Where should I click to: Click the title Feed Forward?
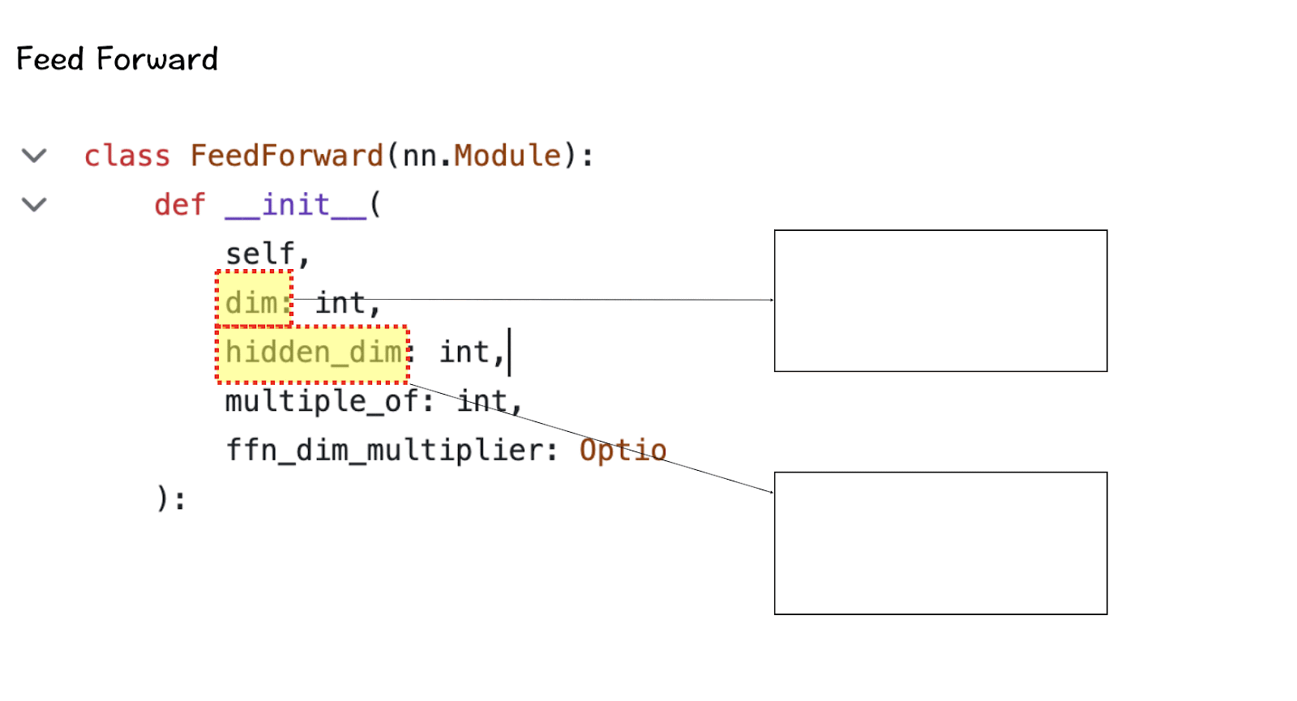pos(117,59)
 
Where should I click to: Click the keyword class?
pos(127,156)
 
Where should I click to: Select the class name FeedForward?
pos(286,156)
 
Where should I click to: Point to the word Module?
pos(507,156)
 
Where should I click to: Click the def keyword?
pos(180,205)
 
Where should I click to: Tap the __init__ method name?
pos(295,205)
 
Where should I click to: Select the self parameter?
pos(260,254)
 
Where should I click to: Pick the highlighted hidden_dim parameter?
pos(313,353)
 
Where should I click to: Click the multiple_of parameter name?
pos(321,400)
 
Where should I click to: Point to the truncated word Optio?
pos(623,450)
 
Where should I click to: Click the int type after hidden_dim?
pos(465,353)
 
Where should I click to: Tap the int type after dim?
pos(340,303)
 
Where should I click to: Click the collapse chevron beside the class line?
pos(34,156)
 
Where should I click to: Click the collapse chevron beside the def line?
pos(34,205)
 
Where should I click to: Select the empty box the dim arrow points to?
pos(940,301)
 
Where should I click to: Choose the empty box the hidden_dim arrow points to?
pos(940,543)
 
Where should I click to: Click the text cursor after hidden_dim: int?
pos(509,353)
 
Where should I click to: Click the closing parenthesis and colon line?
pos(170,498)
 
